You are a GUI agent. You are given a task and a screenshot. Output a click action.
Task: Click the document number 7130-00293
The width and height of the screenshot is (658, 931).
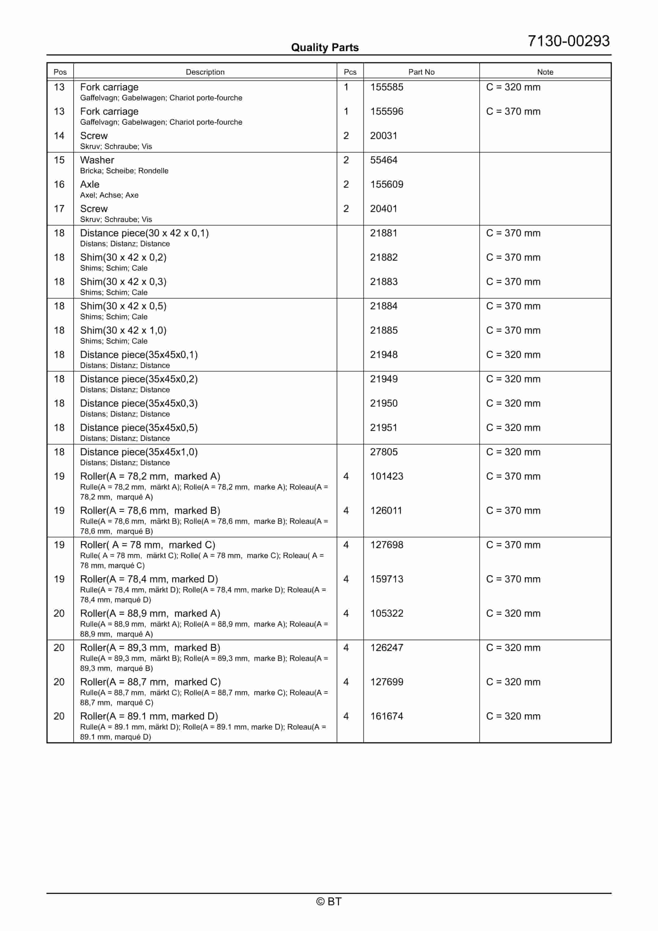[568, 41]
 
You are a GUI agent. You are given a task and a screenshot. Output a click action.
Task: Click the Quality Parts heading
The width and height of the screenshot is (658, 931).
[325, 48]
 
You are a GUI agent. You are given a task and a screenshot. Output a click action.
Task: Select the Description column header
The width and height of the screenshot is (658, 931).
[205, 72]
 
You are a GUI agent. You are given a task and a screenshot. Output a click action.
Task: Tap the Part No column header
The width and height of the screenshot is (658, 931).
[421, 72]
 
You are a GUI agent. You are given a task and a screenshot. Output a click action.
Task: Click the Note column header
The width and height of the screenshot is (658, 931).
[545, 72]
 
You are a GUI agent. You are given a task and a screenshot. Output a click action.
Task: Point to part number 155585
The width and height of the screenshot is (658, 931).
[386, 87]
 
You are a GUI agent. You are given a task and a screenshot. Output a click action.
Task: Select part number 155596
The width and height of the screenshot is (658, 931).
[386, 111]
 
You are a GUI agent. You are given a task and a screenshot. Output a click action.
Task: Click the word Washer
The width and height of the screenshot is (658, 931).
[97, 160]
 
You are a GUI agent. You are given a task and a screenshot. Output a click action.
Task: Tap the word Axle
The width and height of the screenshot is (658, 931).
[90, 184]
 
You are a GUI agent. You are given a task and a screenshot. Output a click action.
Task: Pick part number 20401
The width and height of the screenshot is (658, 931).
[383, 209]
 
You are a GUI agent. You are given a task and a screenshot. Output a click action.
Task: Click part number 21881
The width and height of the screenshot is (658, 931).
[383, 233]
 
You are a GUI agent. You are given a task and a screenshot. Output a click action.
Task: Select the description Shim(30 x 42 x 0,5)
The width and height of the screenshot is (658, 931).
[123, 306]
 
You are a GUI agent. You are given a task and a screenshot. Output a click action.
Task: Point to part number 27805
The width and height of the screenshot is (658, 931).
[383, 452]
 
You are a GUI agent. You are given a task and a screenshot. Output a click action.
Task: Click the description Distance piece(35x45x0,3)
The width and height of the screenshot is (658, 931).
[139, 404]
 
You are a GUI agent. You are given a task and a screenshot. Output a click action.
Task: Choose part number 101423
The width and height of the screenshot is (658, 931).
[386, 477]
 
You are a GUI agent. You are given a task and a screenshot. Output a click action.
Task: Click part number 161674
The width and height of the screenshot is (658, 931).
[386, 716]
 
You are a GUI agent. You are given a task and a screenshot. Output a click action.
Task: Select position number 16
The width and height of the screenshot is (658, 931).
[59, 184]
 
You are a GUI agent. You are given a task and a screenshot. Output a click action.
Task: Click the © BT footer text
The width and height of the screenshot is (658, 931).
[329, 901]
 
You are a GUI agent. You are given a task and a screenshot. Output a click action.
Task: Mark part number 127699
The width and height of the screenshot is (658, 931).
[386, 682]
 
